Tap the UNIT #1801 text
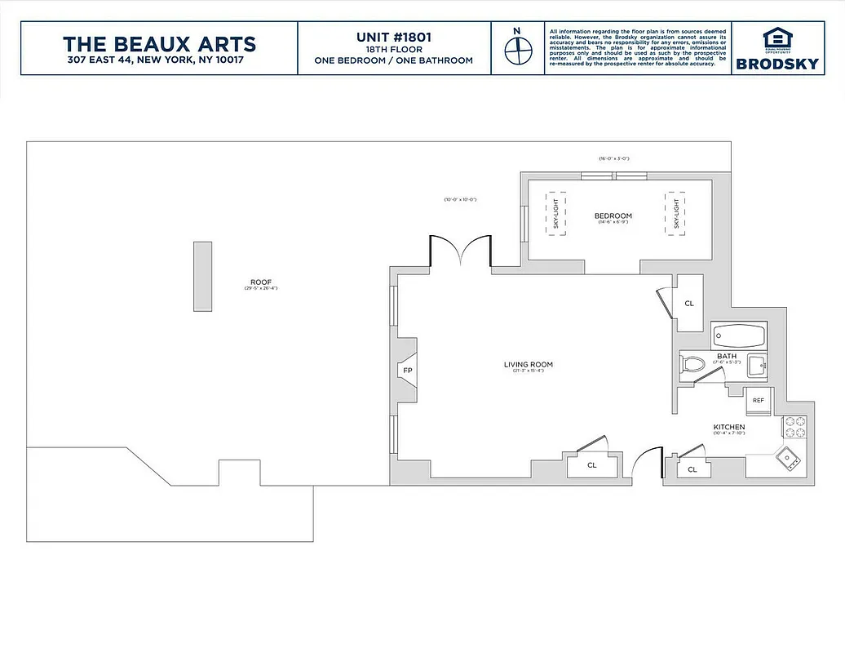click(x=393, y=37)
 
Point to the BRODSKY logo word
click(x=776, y=64)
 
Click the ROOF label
click(x=260, y=282)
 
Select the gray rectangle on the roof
click(x=202, y=276)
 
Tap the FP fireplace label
click(x=407, y=371)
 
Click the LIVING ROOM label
click(x=528, y=364)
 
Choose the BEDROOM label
click(x=613, y=215)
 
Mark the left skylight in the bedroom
click(x=555, y=215)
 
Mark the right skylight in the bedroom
click(x=674, y=215)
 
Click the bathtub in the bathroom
click(x=739, y=335)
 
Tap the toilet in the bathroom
click(x=692, y=365)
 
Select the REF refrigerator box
click(x=758, y=400)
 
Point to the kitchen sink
click(x=790, y=460)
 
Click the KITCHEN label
click(x=728, y=428)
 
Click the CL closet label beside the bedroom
click(x=689, y=304)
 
